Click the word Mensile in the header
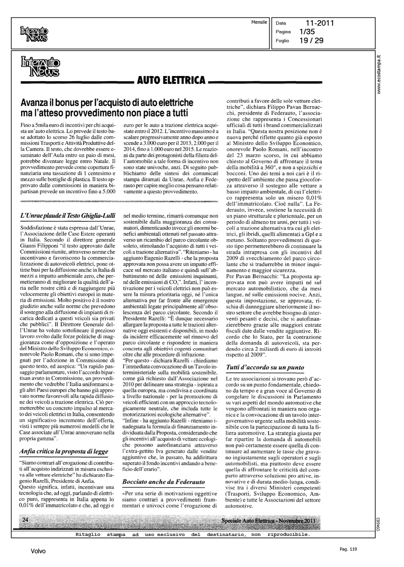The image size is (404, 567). tap(259, 22)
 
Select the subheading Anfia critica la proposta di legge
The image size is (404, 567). tap(63, 451)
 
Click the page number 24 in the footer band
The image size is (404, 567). tap(26, 520)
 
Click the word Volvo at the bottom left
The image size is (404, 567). tap(38, 551)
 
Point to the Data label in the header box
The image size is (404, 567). tap(281, 23)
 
